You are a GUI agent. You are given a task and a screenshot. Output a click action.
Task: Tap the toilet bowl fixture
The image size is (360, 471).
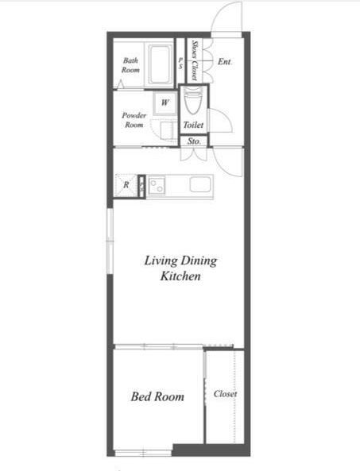(192, 101)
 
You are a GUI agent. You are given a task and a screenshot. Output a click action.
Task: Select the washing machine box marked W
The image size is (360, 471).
(165, 103)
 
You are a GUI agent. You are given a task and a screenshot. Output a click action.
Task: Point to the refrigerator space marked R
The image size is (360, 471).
(126, 185)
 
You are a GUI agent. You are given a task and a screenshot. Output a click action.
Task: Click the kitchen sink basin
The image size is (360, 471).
(200, 184)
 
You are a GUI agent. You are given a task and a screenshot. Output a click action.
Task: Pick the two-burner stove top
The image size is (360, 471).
(157, 186)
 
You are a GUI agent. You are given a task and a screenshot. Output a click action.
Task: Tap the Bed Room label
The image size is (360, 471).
(157, 396)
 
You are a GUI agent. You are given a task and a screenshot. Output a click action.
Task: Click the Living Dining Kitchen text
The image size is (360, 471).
(180, 268)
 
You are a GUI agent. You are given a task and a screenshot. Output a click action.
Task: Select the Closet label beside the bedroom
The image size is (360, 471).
(225, 393)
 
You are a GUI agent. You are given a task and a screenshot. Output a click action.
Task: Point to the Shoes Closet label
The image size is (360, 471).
(195, 60)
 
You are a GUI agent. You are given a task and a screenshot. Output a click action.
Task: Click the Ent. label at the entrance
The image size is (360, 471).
(225, 62)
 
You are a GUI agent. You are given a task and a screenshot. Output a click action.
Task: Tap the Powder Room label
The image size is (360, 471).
(134, 120)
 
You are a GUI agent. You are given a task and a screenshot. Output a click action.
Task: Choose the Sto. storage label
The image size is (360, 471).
(194, 141)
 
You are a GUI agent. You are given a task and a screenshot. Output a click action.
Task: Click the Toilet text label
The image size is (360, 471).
(193, 125)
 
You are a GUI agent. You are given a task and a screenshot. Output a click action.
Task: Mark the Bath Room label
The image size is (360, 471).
(130, 65)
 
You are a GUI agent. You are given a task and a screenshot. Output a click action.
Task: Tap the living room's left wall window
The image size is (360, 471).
(110, 241)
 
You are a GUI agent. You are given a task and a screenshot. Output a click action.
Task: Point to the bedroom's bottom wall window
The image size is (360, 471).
(143, 453)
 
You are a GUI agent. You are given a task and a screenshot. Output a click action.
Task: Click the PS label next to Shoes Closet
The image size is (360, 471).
(180, 64)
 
